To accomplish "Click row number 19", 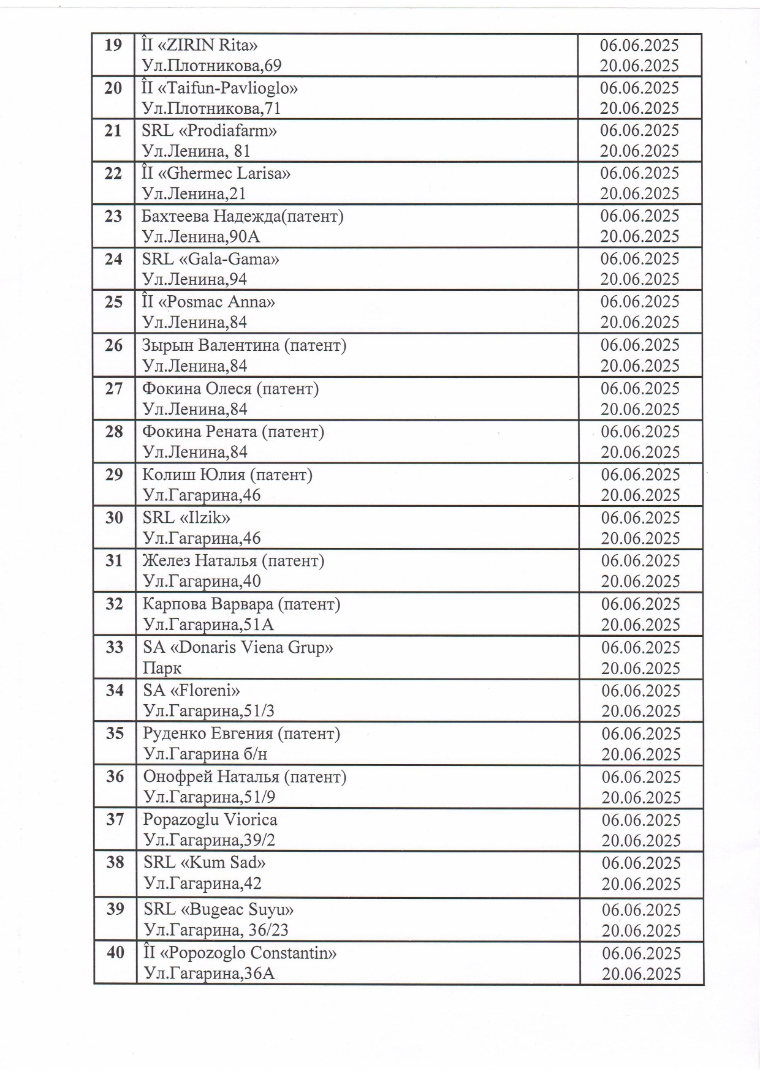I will click(113, 45).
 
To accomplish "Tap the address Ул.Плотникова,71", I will click(212, 108).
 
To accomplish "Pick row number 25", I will click(113, 302).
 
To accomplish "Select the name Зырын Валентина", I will click(211, 345).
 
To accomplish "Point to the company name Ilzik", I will click(205, 518).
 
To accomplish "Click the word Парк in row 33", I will click(162, 668).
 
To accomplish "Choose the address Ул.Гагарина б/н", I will click(205, 754).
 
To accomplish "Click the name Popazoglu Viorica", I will click(210, 819).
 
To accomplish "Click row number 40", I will click(115, 953).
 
